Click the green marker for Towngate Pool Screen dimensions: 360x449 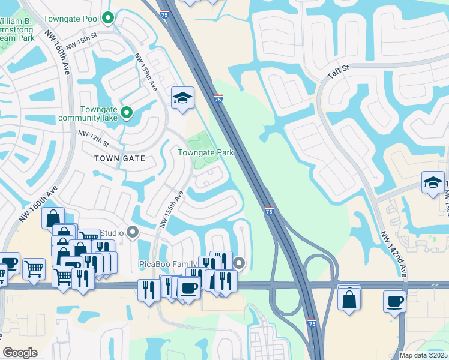tap(108, 19)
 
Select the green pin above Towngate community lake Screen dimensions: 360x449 tap(127, 112)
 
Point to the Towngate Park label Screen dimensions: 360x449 tap(205, 153)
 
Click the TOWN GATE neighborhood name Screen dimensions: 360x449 tap(120, 158)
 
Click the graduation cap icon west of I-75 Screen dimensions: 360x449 tap(182, 98)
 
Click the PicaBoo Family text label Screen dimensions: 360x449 tap(168, 264)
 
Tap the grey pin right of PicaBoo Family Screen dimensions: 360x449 tap(240, 263)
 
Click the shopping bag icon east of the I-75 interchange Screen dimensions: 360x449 tap(349, 298)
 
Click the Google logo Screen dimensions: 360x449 tap(20, 352)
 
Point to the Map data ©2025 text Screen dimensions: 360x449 tap(423, 355)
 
